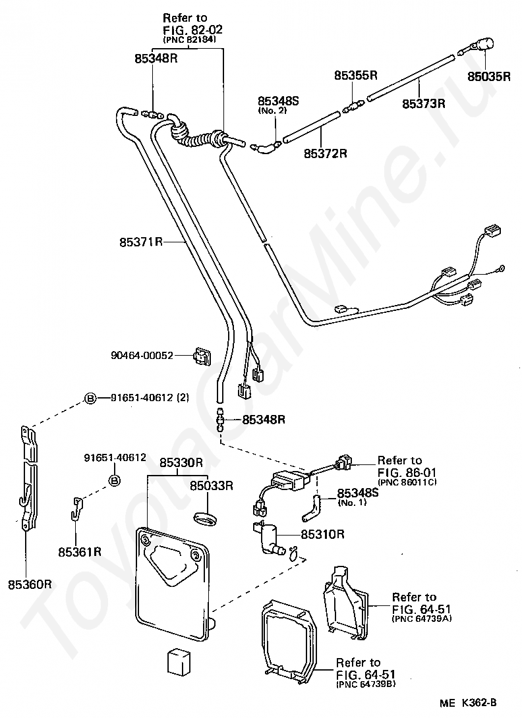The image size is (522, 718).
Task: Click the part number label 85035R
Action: click(x=488, y=76)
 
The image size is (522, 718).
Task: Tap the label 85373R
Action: click(x=424, y=103)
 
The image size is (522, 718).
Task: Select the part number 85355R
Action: click(x=356, y=76)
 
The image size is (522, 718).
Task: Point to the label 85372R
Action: click(x=326, y=153)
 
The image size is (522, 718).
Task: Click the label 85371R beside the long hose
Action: click(x=141, y=241)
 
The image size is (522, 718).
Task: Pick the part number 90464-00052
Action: click(x=142, y=355)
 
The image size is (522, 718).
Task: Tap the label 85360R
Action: click(x=30, y=585)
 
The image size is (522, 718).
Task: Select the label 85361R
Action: click(x=80, y=552)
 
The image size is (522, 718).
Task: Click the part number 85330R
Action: click(x=181, y=462)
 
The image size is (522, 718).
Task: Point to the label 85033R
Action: click(x=212, y=485)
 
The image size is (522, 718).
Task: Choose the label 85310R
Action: click(x=322, y=534)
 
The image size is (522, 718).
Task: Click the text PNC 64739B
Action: click(x=366, y=684)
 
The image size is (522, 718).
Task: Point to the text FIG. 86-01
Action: click(x=407, y=472)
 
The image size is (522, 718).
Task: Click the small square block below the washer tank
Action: click(x=178, y=661)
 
